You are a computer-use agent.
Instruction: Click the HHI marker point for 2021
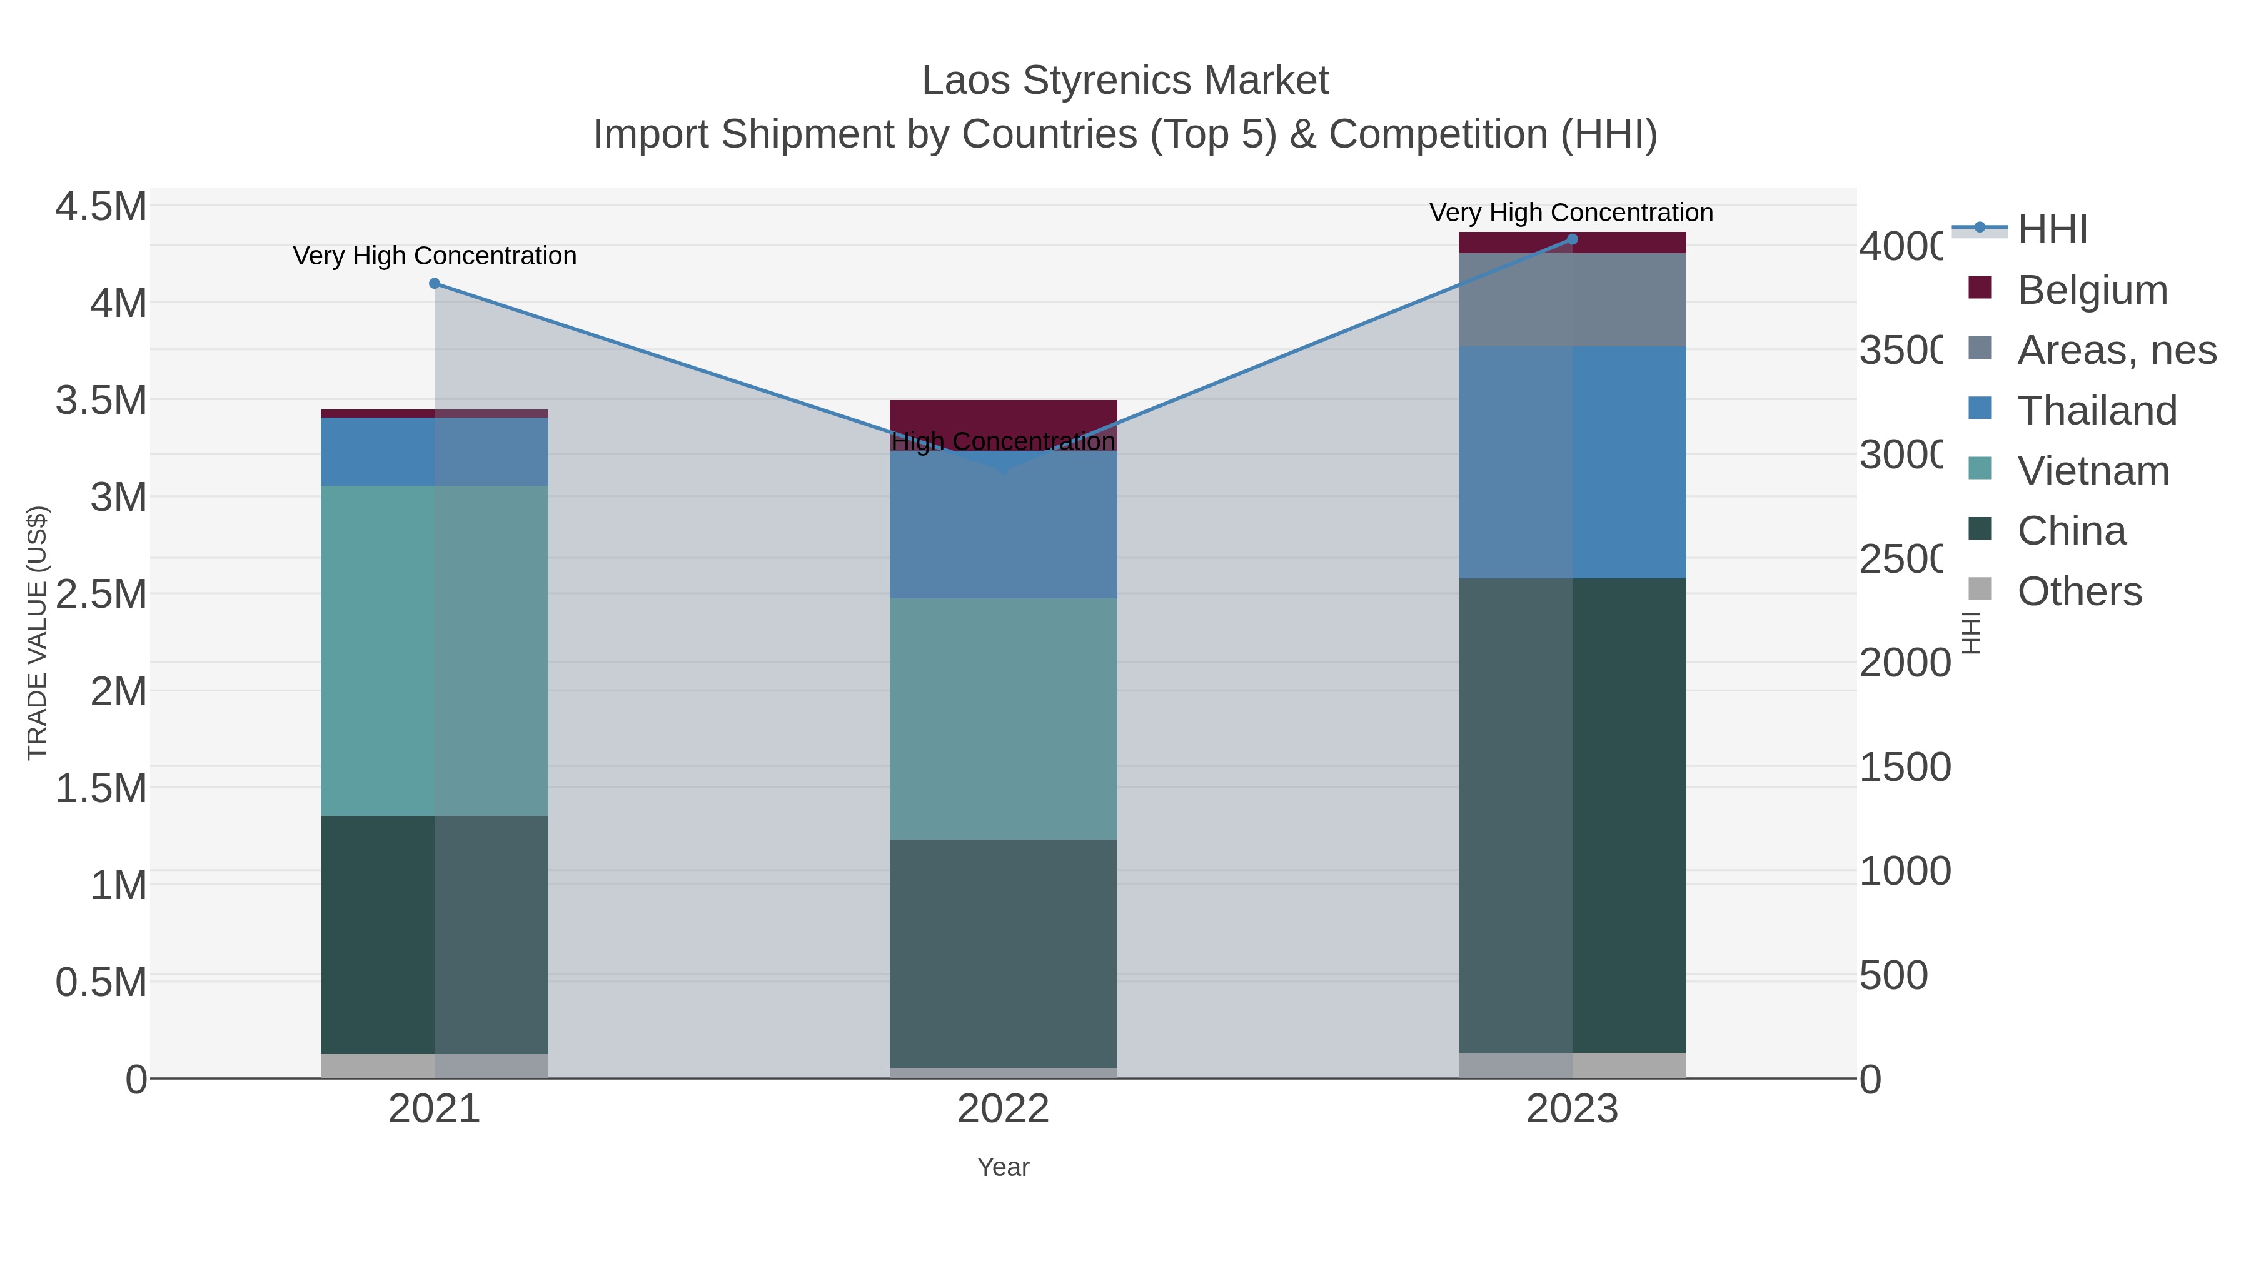pyautogui.click(x=435, y=284)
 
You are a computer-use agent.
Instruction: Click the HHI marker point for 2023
pyautogui.click(x=1572, y=239)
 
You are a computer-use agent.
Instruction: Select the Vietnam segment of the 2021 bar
pyautogui.click(x=435, y=651)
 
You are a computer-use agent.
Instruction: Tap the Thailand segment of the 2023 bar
pyautogui.click(x=1572, y=462)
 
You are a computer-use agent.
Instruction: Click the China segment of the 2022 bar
pyautogui.click(x=1003, y=952)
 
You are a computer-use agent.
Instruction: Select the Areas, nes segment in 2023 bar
pyautogui.click(x=1572, y=299)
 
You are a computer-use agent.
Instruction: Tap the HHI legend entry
pyautogui.click(x=2052, y=230)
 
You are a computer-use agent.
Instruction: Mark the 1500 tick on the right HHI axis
pyautogui.click(x=1904, y=767)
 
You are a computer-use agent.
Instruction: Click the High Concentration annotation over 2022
pyautogui.click(x=1003, y=441)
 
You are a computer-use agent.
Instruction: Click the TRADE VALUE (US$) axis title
pyautogui.click(x=37, y=633)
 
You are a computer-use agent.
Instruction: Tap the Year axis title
pyautogui.click(x=1003, y=1167)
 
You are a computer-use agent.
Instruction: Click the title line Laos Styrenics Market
pyautogui.click(x=1125, y=81)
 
